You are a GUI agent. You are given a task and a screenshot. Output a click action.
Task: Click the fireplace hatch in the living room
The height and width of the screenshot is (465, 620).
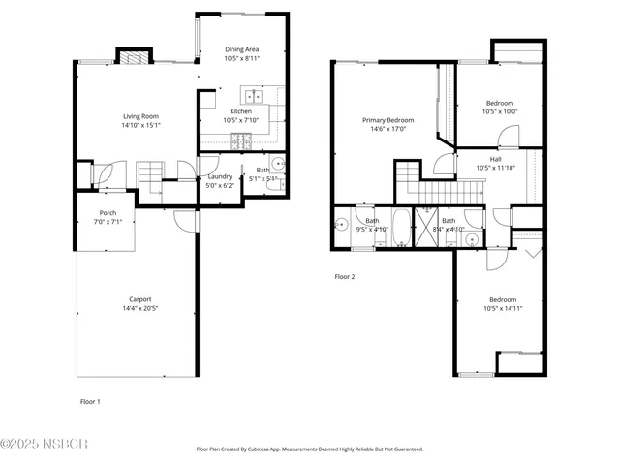[x=134, y=56]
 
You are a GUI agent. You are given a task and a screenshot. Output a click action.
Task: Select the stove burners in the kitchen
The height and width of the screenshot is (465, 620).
[x=240, y=142]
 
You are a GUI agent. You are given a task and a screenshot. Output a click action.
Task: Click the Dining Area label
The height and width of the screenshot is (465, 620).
[x=241, y=49]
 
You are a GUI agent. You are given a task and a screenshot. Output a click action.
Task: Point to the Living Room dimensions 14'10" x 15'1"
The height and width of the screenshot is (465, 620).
[x=140, y=125]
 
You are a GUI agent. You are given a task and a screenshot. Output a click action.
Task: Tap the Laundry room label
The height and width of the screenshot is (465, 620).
[x=218, y=177]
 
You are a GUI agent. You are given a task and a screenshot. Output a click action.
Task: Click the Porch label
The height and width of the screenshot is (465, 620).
[x=108, y=213]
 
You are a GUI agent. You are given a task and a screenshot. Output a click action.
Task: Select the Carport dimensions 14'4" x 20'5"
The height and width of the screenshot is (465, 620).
[x=140, y=309]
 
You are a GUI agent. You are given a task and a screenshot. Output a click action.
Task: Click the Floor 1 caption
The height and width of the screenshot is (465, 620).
[x=89, y=400]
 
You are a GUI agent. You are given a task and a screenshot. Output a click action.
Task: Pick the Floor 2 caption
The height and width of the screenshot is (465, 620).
[x=345, y=277]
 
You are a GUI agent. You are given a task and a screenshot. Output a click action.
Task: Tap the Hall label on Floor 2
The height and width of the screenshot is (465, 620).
[x=495, y=159]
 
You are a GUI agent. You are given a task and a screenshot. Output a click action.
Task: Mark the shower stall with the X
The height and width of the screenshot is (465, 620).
[x=427, y=229]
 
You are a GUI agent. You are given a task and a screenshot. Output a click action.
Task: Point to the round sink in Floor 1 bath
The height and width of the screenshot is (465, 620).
[x=276, y=164]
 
